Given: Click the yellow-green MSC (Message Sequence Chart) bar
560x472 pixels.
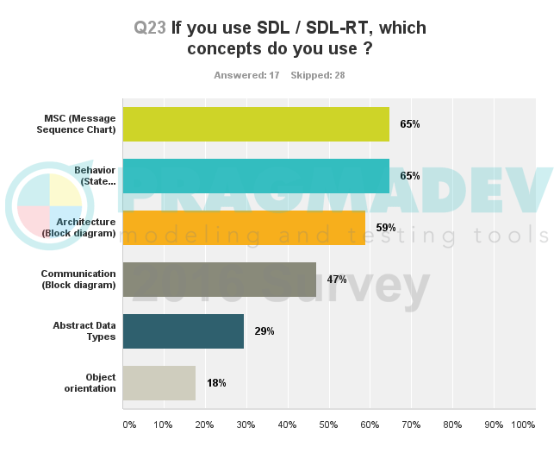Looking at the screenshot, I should click(x=256, y=124).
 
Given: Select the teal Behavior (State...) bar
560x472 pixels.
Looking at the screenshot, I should click(x=256, y=176).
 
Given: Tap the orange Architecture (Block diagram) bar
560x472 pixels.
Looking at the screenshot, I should click(x=244, y=228).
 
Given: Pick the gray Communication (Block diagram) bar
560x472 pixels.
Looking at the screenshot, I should click(x=219, y=280).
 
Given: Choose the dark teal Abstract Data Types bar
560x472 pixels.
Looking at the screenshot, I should click(x=183, y=331).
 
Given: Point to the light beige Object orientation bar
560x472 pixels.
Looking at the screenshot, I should click(x=159, y=383).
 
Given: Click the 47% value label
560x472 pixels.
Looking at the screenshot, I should click(x=336, y=280).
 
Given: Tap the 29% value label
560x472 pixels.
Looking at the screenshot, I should click(x=264, y=331).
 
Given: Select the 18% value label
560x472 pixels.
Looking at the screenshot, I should click(x=216, y=383).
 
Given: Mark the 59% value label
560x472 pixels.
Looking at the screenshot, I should click(x=385, y=228).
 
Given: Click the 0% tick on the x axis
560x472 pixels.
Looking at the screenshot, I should click(x=129, y=425).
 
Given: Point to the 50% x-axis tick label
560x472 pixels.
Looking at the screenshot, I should click(x=328, y=425).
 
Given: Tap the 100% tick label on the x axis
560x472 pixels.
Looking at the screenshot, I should click(x=523, y=425).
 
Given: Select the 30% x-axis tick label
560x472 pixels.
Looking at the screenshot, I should click(x=246, y=425).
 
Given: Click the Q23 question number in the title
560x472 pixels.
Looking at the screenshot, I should click(x=150, y=28).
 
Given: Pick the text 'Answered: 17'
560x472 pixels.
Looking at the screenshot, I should click(x=246, y=75).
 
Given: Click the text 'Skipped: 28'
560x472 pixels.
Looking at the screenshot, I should click(x=318, y=75).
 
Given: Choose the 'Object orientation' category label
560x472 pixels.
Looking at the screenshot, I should click(x=89, y=383).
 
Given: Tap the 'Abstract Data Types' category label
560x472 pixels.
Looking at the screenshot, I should click(x=84, y=331).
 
